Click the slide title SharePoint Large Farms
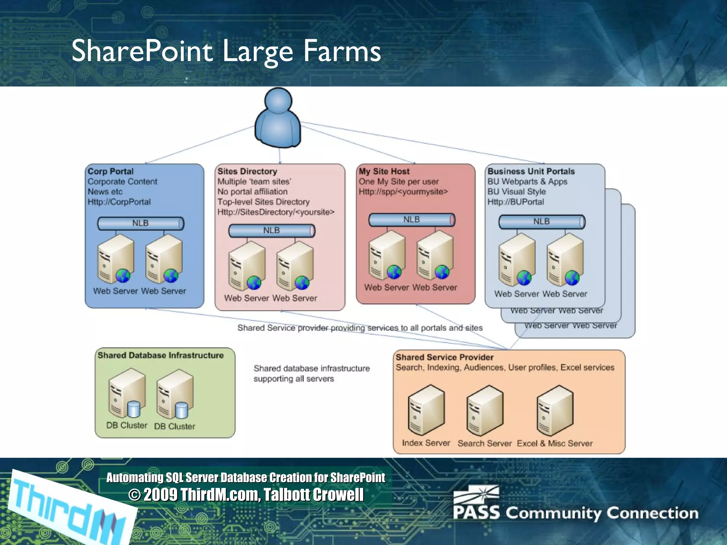click(226, 51)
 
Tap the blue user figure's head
click(278, 101)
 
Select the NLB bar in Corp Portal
click(141, 224)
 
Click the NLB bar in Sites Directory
click(272, 231)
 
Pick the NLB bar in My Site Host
click(411, 220)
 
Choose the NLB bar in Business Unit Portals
click(541, 222)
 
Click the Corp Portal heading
click(110, 171)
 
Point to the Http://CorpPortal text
click(119, 202)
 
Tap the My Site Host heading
click(384, 171)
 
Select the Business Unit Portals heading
click(531, 171)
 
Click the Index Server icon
click(426, 410)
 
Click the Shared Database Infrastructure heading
click(160, 355)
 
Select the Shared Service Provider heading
click(444, 357)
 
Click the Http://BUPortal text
click(515, 202)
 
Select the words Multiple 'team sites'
click(254, 182)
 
